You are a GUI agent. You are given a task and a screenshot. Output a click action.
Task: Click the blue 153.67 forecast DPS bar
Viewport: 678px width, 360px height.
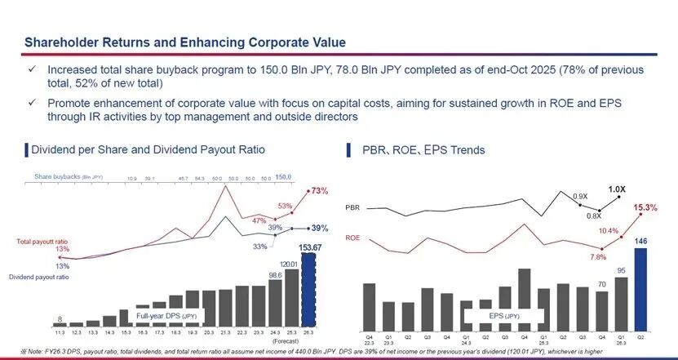point(308,294)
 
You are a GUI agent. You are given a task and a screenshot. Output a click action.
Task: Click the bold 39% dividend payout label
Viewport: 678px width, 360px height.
point(320,229)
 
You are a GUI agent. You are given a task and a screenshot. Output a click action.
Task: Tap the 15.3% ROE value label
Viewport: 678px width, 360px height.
point(645,208)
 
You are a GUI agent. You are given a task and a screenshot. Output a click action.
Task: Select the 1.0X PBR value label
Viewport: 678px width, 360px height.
point(617,189)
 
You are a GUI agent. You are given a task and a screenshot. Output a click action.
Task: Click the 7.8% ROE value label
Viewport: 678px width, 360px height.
point(597,257)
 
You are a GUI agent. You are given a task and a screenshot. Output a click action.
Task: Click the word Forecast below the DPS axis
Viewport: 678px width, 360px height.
point(307,341)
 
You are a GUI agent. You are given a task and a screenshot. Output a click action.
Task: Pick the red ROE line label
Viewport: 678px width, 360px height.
point(353,236)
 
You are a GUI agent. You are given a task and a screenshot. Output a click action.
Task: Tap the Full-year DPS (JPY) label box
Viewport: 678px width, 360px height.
point(167,314)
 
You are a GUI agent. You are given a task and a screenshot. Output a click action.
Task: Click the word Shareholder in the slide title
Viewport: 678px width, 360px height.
point(61,42)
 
